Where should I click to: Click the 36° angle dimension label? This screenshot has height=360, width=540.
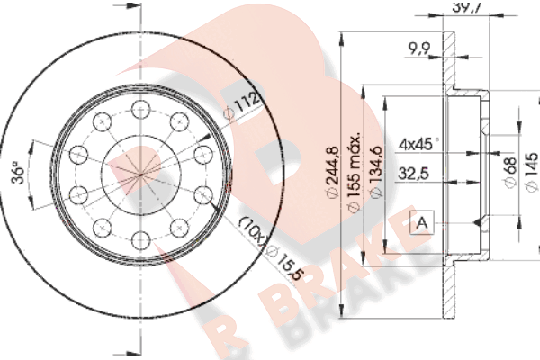(18, 171)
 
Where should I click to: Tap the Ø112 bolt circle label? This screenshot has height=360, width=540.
(242, 104)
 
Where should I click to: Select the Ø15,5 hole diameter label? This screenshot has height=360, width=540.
(286, 263)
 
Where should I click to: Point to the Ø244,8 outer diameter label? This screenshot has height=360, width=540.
(333, 172)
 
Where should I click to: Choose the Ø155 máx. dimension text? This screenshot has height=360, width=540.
(355, 171)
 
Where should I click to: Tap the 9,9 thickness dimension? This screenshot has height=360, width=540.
(419, 49)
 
